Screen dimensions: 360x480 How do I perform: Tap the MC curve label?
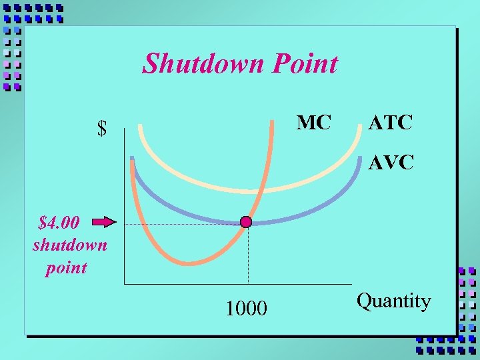(313, 123)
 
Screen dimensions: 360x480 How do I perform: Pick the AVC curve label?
(391, 161)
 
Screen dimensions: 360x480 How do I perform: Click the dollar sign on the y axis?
(102, 129)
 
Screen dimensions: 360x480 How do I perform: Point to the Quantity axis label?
(394, 301)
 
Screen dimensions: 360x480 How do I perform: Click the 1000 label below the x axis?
(246, 308)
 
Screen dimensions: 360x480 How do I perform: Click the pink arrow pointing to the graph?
(103, 222)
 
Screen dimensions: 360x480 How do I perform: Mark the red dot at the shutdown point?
(246, 222)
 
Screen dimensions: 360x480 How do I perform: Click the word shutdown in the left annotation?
(69, 245)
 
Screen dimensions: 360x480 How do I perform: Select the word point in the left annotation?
(66, 268)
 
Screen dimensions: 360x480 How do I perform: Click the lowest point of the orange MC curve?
(188, 264)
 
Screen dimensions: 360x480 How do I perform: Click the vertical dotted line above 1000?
(248, 257)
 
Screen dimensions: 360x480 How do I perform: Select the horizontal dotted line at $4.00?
(180, 225)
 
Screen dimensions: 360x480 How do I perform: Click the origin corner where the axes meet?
(124, 284)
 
